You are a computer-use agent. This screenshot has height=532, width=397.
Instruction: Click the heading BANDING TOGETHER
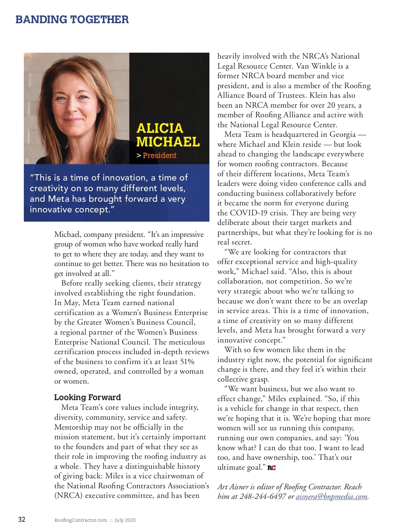72,20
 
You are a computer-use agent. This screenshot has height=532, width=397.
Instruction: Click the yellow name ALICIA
159,128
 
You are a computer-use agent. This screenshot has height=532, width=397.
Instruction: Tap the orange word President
159,155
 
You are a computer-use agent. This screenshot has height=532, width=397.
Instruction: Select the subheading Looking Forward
87,397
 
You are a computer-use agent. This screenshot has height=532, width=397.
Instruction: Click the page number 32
22,519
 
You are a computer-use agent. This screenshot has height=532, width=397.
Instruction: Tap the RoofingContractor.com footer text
81,520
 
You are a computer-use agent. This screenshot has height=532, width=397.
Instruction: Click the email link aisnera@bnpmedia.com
331,497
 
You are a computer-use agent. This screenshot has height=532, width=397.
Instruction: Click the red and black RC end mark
272,468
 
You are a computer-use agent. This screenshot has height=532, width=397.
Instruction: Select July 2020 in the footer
125,520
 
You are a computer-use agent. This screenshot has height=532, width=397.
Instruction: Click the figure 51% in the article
187,361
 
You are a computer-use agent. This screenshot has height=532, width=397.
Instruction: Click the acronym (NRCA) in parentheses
68,496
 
